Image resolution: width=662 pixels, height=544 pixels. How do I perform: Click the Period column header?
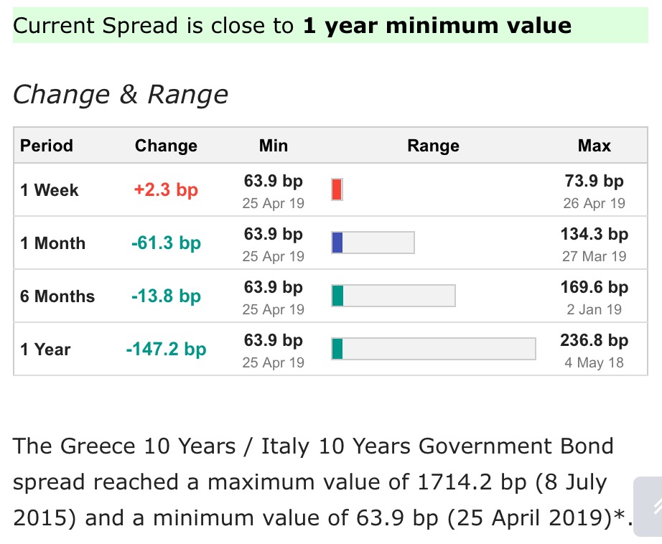pyautogui.click(x=47, y=146)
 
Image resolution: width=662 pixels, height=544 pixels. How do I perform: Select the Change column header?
pyautogui.click(x=166, y=146)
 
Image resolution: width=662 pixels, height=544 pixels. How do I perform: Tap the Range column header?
pyautogui.click(x=433, y=146)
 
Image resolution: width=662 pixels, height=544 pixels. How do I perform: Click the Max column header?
pyautogui.click(x=594, y=146)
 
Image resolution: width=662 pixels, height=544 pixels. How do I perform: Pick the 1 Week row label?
pyautogui.click(x=50, y=190)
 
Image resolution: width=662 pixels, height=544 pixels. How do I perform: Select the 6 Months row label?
pyautogui.click(x=57, y=296)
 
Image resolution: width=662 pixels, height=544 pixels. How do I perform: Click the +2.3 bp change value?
pyautogui.click(x=166, y=190)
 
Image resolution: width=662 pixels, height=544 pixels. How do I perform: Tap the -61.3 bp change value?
pyautogui.click(x=166, y=243)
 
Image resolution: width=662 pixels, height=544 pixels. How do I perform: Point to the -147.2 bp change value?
pyautogui.click(x=166, y=350)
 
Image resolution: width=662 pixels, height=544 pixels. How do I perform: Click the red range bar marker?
pyautogui.click(x=337, y=189)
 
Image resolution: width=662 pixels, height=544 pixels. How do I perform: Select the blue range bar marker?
pyautogui.click(x=337, y=243)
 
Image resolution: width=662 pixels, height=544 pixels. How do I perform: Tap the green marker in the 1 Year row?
pyautogui.click(x=337, y=349)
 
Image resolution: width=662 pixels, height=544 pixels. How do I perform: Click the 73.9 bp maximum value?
pyautogui.click(x=594, y=181)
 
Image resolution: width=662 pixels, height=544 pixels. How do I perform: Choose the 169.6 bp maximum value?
pyautogui.click(x=594, y=287)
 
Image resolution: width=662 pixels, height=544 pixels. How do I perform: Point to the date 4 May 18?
pyautogui.click(x=594, y=362)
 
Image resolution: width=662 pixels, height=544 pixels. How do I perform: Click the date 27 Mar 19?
pyautogui.click(x=594, y=256)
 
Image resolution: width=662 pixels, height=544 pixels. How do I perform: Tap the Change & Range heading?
pyautogui.click(x=121, y=94)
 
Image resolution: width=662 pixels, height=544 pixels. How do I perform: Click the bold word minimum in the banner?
pyautogui.click(x=442, y=26)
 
